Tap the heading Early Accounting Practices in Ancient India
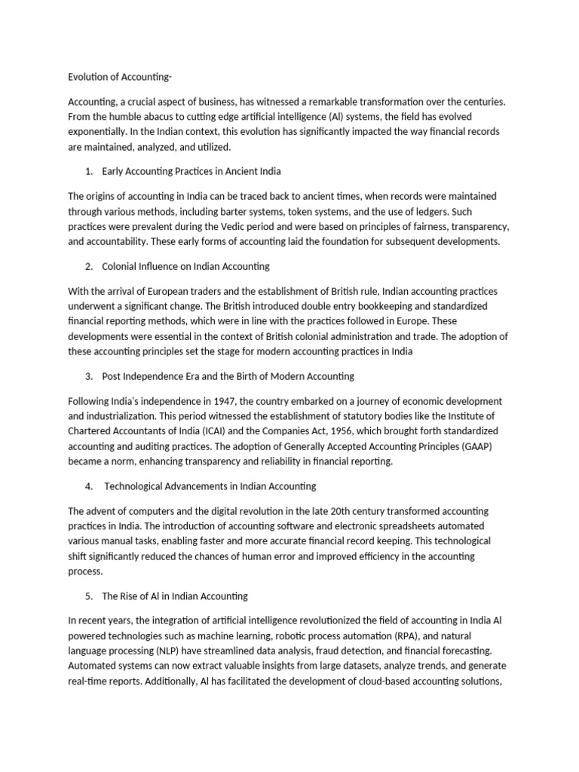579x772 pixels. point(191,171)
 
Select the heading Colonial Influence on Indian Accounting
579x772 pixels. point(185,266)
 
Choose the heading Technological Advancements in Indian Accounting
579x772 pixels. point(210,486)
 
